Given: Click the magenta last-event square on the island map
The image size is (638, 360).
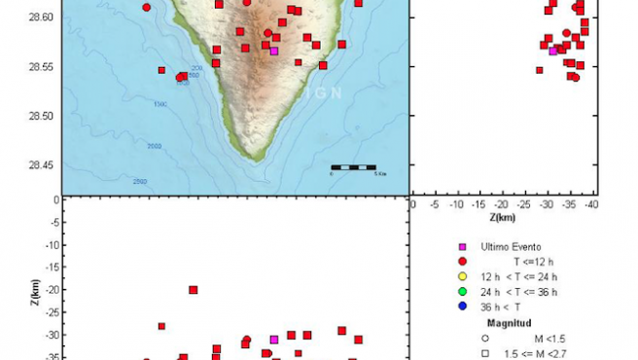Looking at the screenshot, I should tap(273, 51).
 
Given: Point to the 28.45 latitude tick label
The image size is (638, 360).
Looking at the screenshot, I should tap(41, 164).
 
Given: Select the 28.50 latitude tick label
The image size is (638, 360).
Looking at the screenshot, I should tap(41, 116).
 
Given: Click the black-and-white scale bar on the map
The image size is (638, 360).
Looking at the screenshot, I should tap(353, 167).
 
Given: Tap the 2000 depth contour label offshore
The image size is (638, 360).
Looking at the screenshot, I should tap(154, 146).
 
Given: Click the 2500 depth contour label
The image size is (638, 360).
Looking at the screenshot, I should tap(140, 182).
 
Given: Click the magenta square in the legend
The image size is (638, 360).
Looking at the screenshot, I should tap(462, 247).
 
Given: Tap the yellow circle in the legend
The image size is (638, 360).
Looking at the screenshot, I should tap(462, 276).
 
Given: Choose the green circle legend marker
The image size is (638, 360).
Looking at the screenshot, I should tap(462, 291).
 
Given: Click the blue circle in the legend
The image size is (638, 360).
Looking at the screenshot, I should tap(462, 306).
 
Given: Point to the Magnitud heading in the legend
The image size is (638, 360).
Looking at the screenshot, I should tap(508, 321).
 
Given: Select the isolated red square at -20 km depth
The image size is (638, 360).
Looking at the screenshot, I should tap(194, 290).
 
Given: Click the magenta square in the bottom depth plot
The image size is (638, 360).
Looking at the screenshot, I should tap(274, 340).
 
